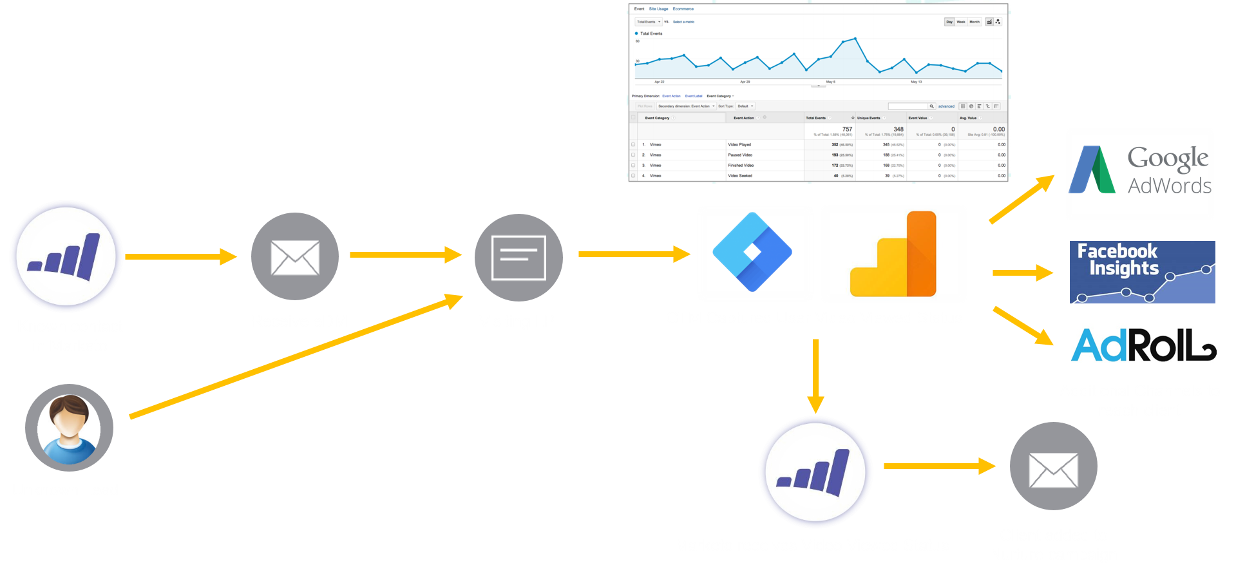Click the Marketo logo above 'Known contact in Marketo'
click(66, 256)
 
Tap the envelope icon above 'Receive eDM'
click(295, 256)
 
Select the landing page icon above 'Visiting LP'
click(518, 258)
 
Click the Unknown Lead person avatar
click(69, 428)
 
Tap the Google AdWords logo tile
click(1139, 174)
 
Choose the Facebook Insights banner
click(1142, 272)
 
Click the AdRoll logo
click(1143, 345)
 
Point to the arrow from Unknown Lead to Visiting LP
click(296, 356)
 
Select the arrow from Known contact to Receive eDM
click(181, 256)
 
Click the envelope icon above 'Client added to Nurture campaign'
click(1053, 466)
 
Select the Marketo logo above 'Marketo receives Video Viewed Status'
click(815, 472)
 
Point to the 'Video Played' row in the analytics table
click(739, 144)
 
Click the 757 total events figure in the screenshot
click(847, 129)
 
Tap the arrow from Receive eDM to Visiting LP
click(406, 254)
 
